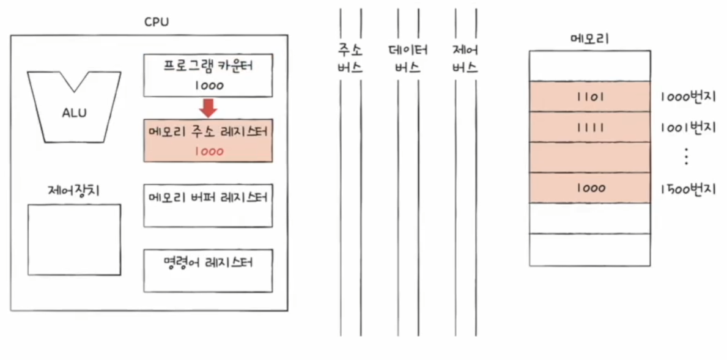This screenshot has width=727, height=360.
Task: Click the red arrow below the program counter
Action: click(209, 108)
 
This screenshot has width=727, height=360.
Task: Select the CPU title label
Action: click(157, 22)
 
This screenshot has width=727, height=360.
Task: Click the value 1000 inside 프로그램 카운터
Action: click(209, 86)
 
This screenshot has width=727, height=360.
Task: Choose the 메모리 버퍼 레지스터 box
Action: click(209, 205)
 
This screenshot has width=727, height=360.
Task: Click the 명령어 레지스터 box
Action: click(209, 270)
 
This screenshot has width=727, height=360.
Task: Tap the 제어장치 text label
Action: click(73, 191)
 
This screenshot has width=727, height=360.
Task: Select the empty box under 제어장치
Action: click(74, 240)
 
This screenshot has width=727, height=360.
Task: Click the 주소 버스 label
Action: click(350, 59)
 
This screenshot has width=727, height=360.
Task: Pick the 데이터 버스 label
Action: click(408, 59)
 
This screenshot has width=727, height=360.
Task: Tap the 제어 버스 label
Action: click(465, 59)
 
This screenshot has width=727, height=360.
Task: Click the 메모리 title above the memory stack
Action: click(589, 39)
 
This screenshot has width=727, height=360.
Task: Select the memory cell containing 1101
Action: click(589, 97)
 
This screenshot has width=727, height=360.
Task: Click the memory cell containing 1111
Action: click(589, 127)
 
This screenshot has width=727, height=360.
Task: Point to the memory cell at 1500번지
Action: click(589, 188)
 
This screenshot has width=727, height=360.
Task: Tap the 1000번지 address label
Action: click(688, 97)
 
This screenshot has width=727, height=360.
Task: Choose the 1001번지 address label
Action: click(688, 128)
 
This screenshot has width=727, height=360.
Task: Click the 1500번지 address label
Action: click(688, 188)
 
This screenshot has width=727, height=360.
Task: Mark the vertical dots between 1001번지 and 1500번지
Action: click(686, 158)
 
